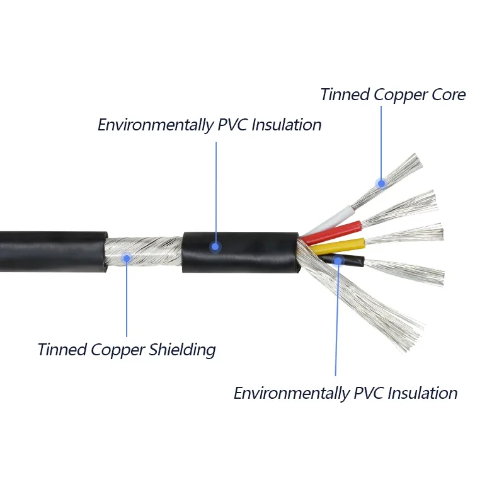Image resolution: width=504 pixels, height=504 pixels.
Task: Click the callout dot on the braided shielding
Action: click(127, 258)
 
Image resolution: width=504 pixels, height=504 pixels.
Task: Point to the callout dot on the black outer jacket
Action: click(215, 247)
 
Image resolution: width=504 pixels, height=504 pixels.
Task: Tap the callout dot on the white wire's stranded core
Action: click(381, 183)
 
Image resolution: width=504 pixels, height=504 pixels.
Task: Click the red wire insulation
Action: click(334, 231)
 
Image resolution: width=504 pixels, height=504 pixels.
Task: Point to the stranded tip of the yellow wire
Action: click(409, 234)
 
